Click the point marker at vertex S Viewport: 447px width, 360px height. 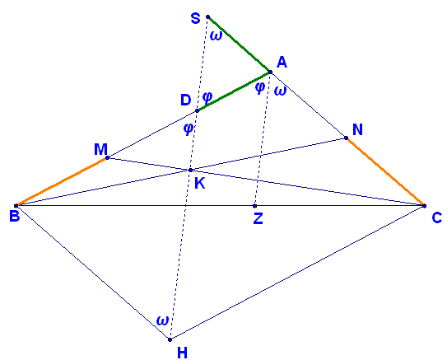(x=207, y=16)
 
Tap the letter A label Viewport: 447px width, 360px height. (x=282, y=62)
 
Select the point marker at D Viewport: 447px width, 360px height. (x=197, y=110)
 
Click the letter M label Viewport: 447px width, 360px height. (x=101, y=149)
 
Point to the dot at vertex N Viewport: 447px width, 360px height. (x=346, y=138)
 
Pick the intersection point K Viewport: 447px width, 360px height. (x=190, y=170)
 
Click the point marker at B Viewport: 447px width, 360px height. (x=16, y=205)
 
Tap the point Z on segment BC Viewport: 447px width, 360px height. (x=255, y=206)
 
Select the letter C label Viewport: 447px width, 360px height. (x=437, y=218)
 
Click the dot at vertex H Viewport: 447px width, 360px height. (x=170, y=339)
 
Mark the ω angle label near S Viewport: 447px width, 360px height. (x=216, y=36)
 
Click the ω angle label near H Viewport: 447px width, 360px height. (x=163, y=320)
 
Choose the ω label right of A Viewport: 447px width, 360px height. (x=280, y=91)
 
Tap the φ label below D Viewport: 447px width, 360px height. (x=189, y=129)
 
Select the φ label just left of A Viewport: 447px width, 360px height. (x=260, y=87)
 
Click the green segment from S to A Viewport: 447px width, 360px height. (x=240, y=44)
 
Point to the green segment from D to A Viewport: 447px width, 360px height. (x=234, y=91)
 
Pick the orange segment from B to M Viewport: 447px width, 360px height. (x=62, y=182)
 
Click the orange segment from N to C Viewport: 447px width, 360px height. (x=385, y=171)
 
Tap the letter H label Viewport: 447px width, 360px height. (x=182, y=353)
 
